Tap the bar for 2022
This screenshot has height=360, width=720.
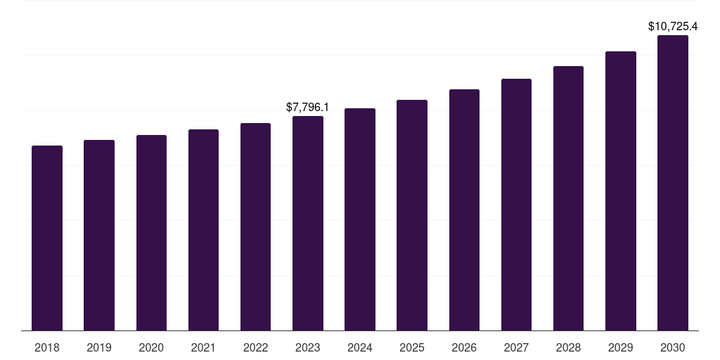(x=255, y=226)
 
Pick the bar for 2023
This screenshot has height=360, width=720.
(x=308, y=223)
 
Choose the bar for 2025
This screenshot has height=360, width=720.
(x=412, y=214)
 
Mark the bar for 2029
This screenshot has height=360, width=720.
(x=621, y=191)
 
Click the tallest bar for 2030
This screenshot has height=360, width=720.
(x=673, y=183)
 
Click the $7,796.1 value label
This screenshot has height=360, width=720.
(x=308, y=108)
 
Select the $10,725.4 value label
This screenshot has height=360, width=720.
(x=673, y=27)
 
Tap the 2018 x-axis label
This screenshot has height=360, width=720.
(x=47, y=347)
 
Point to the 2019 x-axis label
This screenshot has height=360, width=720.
(x=99, y=347)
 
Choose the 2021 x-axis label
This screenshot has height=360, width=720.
(x=203, y=347)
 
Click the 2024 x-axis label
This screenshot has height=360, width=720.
(x=360, y=347)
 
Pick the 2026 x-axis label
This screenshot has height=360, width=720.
(x=464, y=347)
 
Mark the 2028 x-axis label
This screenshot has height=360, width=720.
(x=568, y=347)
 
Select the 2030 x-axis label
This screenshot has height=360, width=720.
(x=673, y=347)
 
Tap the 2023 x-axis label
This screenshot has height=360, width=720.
(x=308, y=347)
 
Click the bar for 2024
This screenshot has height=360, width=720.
(x=360, y=219)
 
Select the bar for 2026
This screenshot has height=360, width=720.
(x=464, y=210)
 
